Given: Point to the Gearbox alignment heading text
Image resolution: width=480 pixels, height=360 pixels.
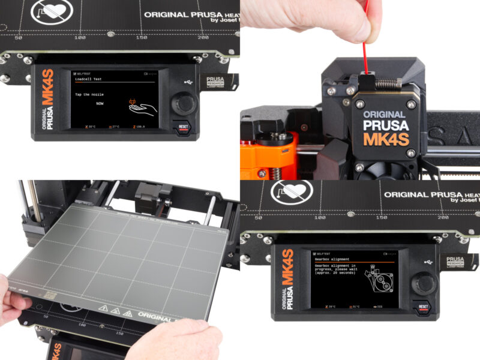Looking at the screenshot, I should click(x=330, y=259).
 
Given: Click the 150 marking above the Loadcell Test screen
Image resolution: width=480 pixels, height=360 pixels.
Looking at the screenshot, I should click(x=141, y=37).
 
